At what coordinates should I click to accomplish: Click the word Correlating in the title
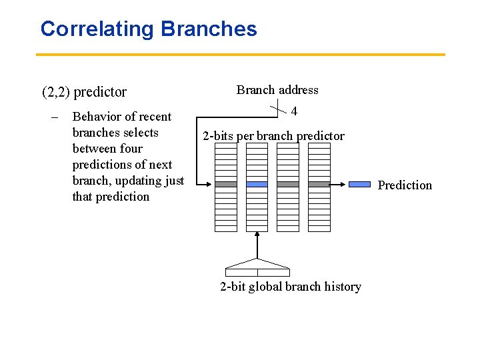pos(97,29)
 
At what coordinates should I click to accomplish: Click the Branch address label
pos(277,90)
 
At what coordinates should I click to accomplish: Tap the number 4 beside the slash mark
pos(294,112)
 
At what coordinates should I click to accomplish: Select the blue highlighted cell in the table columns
pos(257,184)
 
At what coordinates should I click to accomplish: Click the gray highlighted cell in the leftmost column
pos(226,184)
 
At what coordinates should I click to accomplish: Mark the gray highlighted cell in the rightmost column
pos(319,184)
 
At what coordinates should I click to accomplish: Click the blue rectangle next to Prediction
pos(360,184)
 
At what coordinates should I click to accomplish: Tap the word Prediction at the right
pos(405,185)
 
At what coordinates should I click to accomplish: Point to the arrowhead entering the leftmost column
pos(211,184)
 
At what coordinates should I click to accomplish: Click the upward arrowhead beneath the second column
pos(257,234)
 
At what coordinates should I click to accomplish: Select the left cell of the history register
pos(241,272)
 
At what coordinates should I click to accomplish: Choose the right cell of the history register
pos(273,272)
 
